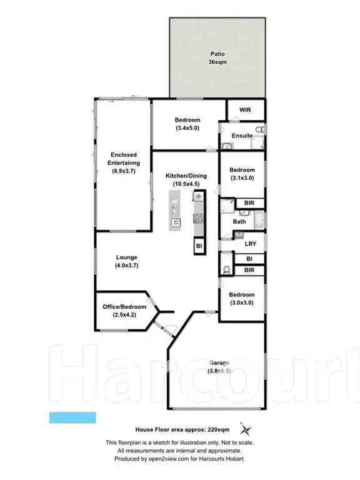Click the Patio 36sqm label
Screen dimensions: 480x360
pyautogui.click(x=217, y=58)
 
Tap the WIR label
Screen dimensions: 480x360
pyautogui.click(x=246, y=110)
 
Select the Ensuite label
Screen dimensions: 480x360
pyautogui.click(x=242, y=136)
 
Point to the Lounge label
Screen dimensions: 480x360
pyautogui.click(x=126, y=261)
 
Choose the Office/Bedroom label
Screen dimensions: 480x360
pyautogui.click(x=124, y=311)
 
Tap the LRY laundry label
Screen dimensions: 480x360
pyautogui.click(x=251, y=243)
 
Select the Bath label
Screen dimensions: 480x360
pyautogui.click(x=239, y=221)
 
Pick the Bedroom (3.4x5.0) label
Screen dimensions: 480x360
pyautogui.click(x=187, y=124)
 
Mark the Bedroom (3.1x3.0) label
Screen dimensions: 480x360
pyautogui.click(x=242, y=174)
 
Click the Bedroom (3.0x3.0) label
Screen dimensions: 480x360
pyautogui.click(x=241, y=299)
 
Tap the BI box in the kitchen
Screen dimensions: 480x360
pyautogui.click(x=199, y=246)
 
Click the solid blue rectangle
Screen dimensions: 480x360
pyautogui.click(x=72, y=417)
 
